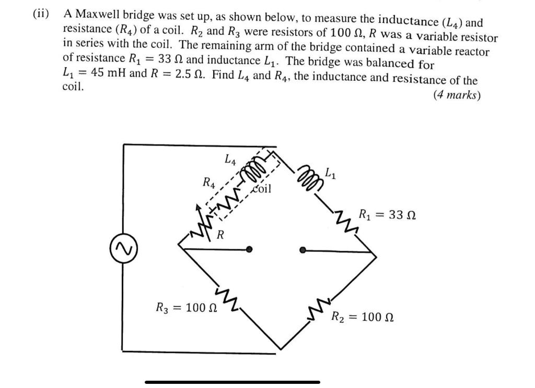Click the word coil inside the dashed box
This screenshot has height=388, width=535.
262,188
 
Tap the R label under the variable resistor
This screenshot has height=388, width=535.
221,235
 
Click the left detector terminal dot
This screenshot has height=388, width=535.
250,250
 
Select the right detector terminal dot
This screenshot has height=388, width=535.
303,250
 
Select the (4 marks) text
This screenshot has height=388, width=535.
457,95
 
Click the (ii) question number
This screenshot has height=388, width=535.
40,14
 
